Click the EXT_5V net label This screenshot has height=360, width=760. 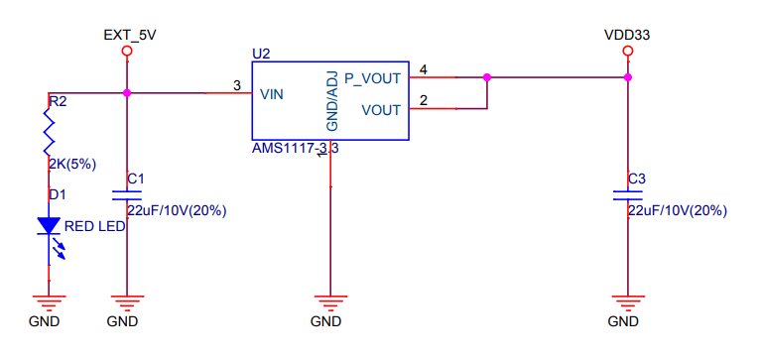point(130,36)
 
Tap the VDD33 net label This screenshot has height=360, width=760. point(626,36)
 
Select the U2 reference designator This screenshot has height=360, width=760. point(261,52)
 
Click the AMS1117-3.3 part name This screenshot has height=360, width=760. point(296,148)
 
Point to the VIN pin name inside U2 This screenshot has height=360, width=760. point(273,94)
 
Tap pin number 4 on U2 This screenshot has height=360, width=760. point(424,69)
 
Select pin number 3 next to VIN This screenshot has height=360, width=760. point(236,86)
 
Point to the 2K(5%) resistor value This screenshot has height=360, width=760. point(71,165)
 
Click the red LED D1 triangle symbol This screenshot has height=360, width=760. point(49,227)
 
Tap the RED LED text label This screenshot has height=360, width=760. point(95,226)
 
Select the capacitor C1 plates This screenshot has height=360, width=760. point(126,195)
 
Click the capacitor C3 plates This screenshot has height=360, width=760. point(627,195)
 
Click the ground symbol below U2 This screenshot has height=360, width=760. point(329,301)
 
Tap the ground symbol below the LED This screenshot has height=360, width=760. point(49,301)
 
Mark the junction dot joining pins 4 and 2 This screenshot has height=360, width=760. point(487,77)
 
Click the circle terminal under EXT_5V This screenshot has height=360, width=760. point(126,54)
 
